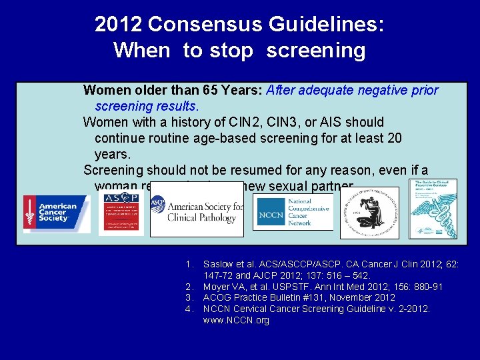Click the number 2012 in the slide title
119,25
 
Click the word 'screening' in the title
316,51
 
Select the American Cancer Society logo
57,213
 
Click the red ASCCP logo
121,213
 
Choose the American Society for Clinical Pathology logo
197,209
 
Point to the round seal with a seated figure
369,213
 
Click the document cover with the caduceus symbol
433,208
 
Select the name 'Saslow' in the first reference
220,264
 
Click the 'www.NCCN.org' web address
236,320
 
